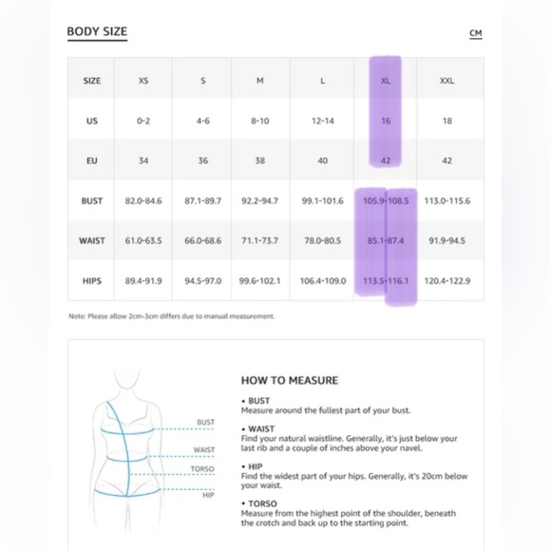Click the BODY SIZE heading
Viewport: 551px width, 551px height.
97,31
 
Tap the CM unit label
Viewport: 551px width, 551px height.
476,33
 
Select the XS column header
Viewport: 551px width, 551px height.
143,81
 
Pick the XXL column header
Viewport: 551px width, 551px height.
447,81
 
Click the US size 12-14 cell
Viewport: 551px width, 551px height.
323,121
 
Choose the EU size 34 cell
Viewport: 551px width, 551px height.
143,161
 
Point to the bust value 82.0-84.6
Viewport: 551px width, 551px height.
143,200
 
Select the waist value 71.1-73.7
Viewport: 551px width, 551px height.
259,240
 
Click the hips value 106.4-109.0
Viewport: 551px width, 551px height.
323,281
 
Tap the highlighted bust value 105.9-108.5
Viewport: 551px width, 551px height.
386,200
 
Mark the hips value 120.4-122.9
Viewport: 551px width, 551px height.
447,281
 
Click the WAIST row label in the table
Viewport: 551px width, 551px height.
92,240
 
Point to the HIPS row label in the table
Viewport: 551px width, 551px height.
92,281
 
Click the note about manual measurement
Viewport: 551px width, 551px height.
172,316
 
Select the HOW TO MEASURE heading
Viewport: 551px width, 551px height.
290,380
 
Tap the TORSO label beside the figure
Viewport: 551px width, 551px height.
202,469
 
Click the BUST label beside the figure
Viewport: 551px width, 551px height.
205,422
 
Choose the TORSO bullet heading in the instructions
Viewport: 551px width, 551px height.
262,503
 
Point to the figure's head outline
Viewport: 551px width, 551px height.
127,378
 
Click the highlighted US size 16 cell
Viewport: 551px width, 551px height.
386,121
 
